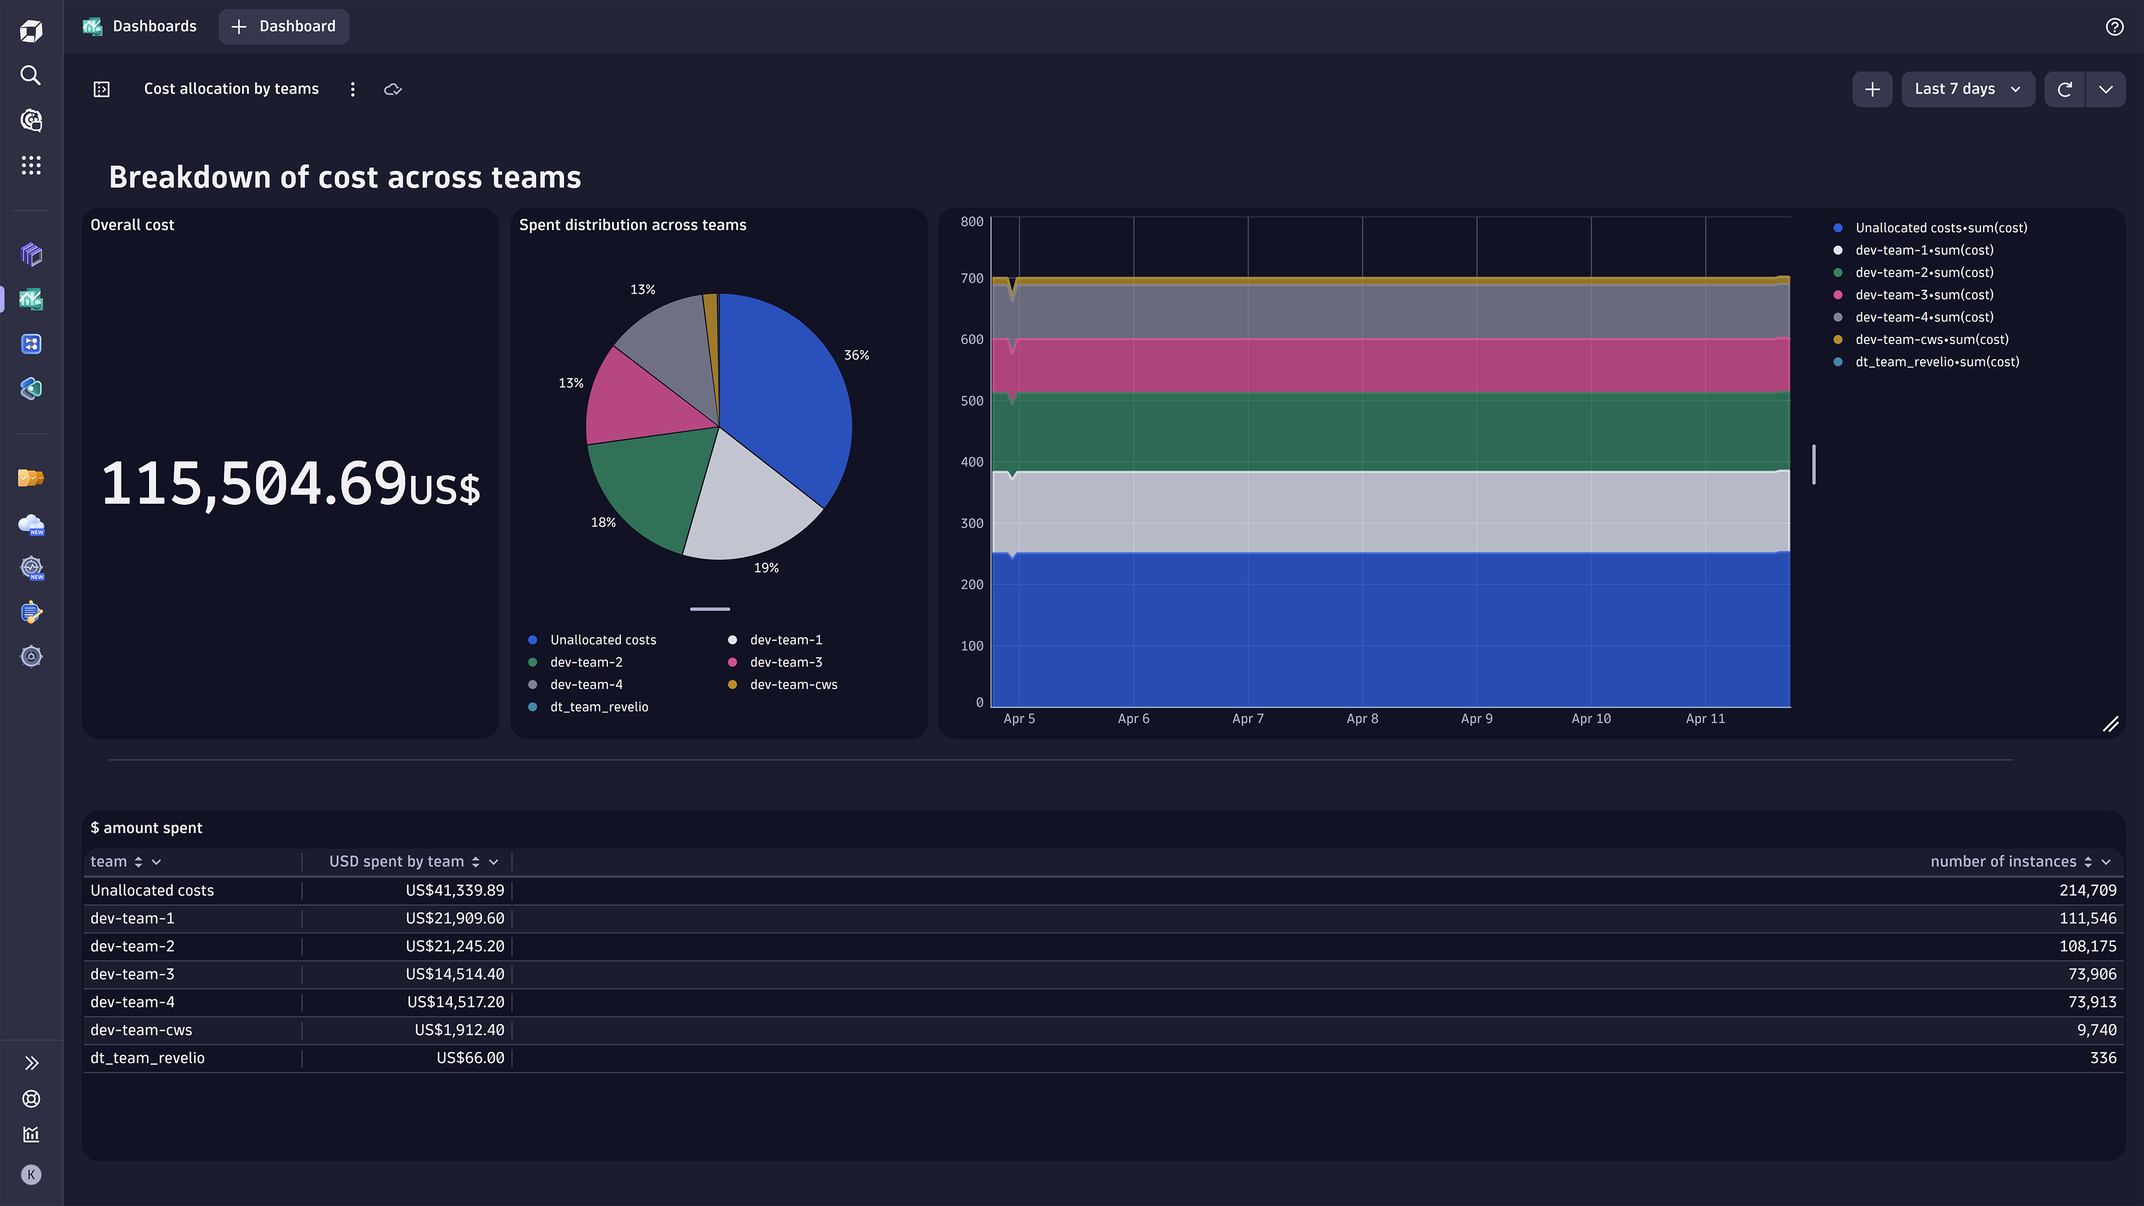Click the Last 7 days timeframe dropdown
(x=1966, y=89)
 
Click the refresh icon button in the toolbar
(x=2064, y=89)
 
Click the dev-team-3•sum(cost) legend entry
(x=1923, y=295)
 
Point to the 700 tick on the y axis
(x=971, y=278)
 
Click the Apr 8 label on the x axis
(x=1362, y=718)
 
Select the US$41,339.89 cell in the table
(x=454, y=891)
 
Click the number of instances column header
(x=2003, y=862)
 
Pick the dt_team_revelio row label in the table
(x=147, y=1058)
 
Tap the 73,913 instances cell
(x=2092, y=1002)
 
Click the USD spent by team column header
(x=396, y=862)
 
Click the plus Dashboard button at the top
(x=284, y=27)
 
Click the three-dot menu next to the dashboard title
(x=353, y=89)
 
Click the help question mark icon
(x=2114, y=27)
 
